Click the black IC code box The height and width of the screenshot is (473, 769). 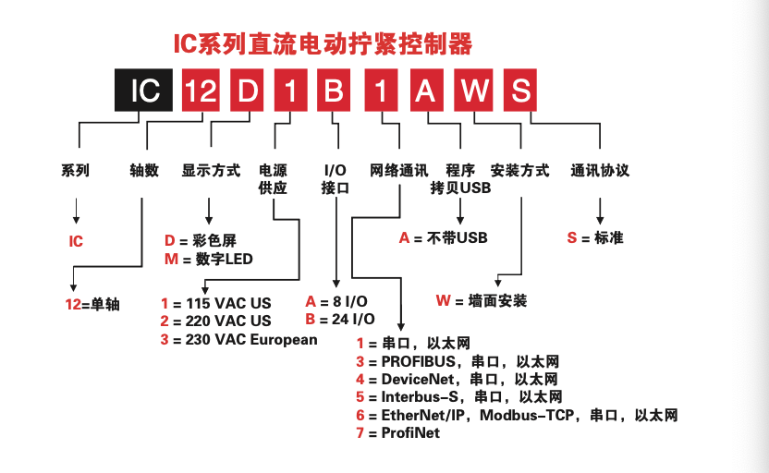[144, 91]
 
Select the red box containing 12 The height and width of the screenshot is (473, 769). [202, 91]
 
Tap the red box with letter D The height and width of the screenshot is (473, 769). [248, 91]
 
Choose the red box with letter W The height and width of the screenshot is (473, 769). [475, 91]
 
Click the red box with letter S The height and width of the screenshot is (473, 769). [520, 91]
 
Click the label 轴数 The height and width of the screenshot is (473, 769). [144, 171]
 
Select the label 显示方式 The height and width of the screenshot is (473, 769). [211, 171]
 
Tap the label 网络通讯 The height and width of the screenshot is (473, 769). [398, 171]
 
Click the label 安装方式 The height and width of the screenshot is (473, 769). [519, 171]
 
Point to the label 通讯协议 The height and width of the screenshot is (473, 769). [600, 171]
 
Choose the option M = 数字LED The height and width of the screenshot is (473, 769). [208, 260]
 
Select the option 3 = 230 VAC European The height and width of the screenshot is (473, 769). [238, 339]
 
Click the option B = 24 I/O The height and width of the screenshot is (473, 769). [340, 320]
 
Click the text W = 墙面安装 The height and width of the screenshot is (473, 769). [481, 301]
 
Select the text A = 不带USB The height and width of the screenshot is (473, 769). [443, 238]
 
